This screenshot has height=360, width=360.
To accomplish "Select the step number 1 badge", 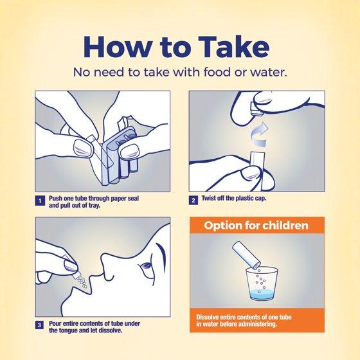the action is [x=40, y=201].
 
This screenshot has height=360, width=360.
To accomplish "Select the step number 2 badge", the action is [x=194, y=200].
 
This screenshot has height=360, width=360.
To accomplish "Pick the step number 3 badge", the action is [x=39, y=325].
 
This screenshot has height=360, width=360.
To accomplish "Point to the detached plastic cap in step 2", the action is [x=255, y=109].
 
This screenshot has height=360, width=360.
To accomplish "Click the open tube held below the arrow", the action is [x=258, y=170].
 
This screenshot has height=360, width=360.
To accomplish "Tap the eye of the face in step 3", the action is [x=145, y=266].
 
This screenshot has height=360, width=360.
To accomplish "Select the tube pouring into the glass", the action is [x=246, y=255].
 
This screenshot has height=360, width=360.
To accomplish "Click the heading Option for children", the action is [x=256, y=226].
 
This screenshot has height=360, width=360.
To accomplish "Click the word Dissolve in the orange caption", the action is [x=207, y=317].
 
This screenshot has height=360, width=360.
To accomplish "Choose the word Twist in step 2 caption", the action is [x=208, y=198].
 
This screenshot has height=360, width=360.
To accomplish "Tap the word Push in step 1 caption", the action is [x=55, y=199].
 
